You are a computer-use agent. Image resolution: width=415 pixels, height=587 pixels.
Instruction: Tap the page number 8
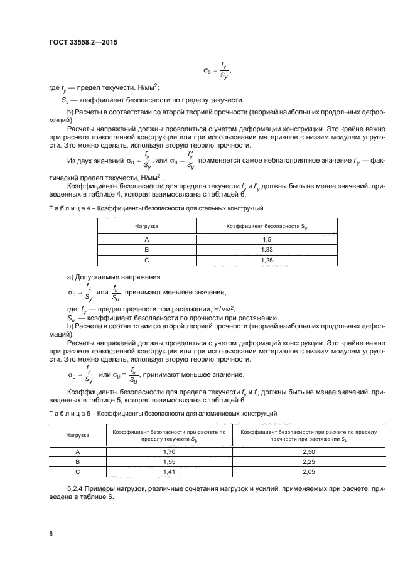coord(51,533)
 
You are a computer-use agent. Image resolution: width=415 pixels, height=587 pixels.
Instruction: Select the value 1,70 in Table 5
coord(168,451)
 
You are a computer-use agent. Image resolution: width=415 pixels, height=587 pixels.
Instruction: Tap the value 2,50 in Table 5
coord(308,451)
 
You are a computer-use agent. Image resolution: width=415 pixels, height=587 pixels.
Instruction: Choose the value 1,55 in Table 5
coord(168,461)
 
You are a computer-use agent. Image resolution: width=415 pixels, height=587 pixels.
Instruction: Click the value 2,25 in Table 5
coord(308,461)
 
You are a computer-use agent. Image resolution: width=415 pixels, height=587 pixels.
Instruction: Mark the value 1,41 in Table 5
coord(168,471)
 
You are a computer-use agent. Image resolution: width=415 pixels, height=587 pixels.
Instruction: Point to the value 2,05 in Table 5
coord(308,471)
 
